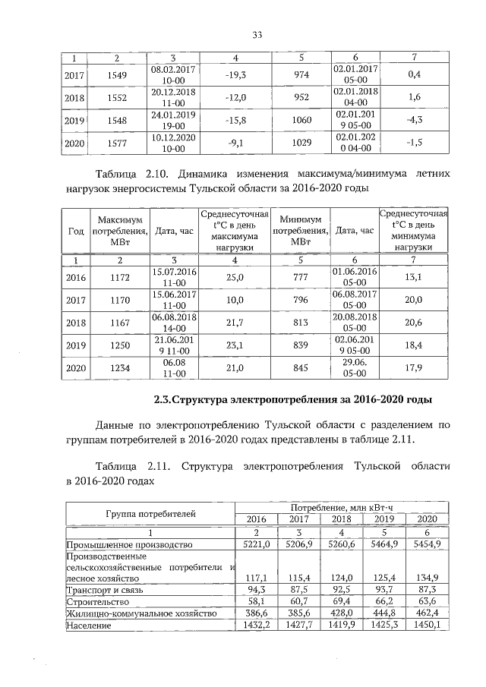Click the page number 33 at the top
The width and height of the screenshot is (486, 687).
[x=257, y=35]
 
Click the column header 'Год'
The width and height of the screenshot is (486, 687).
[x=76, y=231]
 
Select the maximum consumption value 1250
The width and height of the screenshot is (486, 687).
[x=119, y=346]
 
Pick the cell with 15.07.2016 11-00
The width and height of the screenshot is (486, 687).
[x=174, y=277]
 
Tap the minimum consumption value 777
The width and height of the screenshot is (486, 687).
[x=301, y=277]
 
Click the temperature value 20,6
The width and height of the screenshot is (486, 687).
[x=413, y=323]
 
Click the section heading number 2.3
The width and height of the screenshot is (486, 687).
[x=165, y=399]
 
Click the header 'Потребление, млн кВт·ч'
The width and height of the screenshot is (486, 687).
[x=342, y=506]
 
